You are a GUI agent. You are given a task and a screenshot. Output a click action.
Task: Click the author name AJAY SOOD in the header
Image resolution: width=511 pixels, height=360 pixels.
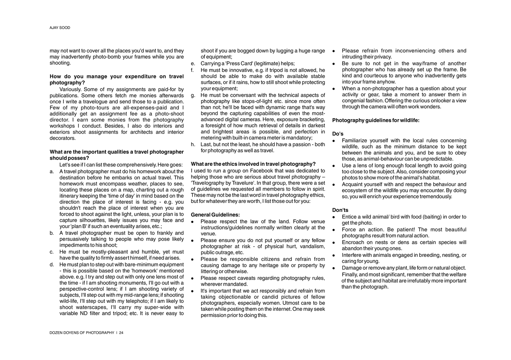click(60, 28)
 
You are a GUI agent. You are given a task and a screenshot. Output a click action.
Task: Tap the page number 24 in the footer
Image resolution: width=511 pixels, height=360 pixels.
click(121, 333)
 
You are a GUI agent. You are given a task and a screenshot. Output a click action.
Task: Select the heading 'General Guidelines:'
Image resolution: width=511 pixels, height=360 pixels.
click(215, 215)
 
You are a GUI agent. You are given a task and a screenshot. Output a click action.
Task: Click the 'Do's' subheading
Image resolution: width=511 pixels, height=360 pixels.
click(338, 134)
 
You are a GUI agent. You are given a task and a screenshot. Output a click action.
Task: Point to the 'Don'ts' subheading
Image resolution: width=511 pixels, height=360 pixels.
click(340, 210)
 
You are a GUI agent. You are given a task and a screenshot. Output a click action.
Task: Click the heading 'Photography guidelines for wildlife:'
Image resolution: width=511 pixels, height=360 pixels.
click(376, 121)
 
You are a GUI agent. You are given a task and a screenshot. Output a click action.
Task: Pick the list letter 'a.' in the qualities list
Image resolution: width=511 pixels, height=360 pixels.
click(52, 171)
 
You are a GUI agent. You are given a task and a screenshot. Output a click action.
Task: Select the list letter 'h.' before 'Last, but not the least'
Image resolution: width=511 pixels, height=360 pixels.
click(193, 145)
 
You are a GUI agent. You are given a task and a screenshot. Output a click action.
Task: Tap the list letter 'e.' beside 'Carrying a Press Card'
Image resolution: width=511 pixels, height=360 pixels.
click(193, 64)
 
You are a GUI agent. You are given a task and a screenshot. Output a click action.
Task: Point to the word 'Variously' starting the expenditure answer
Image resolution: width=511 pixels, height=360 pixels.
click(71, 90)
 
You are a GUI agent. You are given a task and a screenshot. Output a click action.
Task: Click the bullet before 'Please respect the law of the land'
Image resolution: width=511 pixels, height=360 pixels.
click(192, 222)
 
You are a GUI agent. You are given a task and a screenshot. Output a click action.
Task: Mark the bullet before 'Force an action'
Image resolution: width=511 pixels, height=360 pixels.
click(334, 230)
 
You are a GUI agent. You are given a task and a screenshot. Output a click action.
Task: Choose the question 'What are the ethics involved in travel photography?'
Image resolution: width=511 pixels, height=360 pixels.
click(253, 164)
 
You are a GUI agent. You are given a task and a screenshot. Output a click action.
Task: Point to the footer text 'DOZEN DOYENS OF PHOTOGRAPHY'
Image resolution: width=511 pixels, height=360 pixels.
click(82, 333)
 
